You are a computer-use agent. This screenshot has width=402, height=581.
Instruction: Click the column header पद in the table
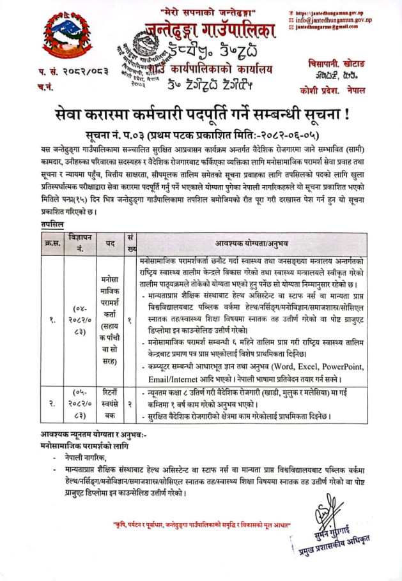click(x=110, y=243)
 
